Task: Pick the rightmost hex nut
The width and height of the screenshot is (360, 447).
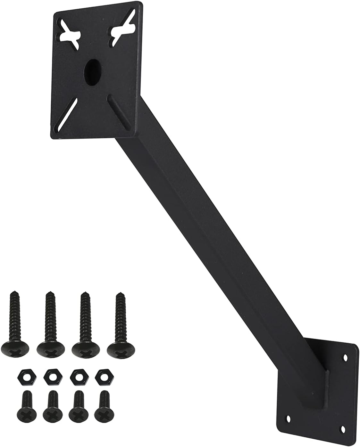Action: click(102, 374)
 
